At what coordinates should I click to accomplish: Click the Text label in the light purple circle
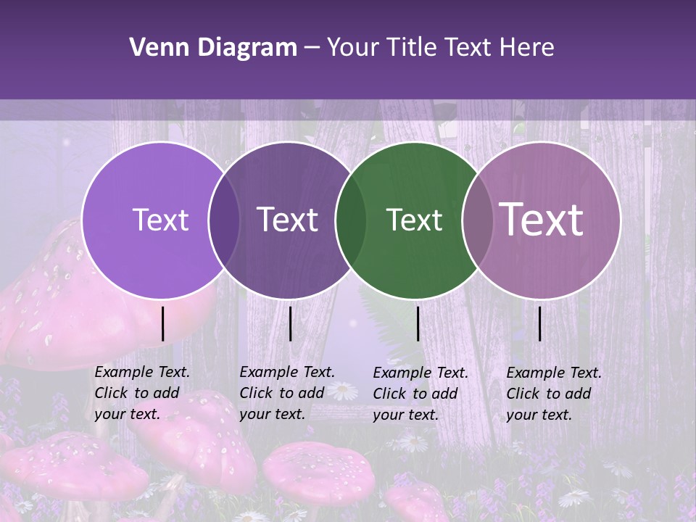160,220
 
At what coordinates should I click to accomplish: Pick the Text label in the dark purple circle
287,220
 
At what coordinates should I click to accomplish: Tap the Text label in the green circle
414,220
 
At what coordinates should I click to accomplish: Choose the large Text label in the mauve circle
542,220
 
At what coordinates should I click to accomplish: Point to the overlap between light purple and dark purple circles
224,220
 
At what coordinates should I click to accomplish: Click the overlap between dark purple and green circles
351,220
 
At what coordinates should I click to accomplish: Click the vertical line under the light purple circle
163,323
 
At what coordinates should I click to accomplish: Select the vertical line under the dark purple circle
290,323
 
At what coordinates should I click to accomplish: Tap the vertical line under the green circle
418,323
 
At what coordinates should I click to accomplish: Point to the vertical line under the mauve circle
539,323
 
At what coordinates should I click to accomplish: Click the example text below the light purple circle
142,393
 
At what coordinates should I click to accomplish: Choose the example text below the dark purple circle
287,393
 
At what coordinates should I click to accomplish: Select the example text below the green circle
420,394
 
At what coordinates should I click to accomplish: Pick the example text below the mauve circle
554,394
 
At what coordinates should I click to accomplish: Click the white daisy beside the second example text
346,391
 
